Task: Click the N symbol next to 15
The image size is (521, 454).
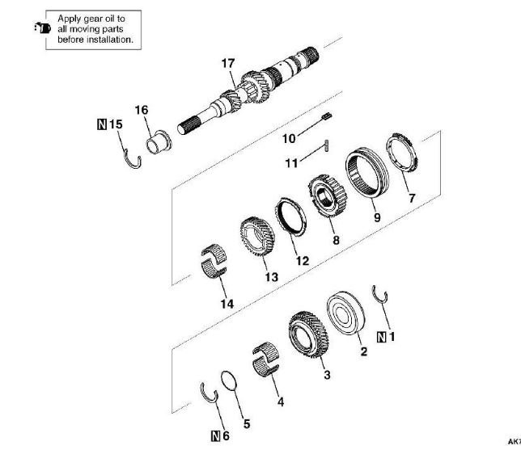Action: click(101, 124)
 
